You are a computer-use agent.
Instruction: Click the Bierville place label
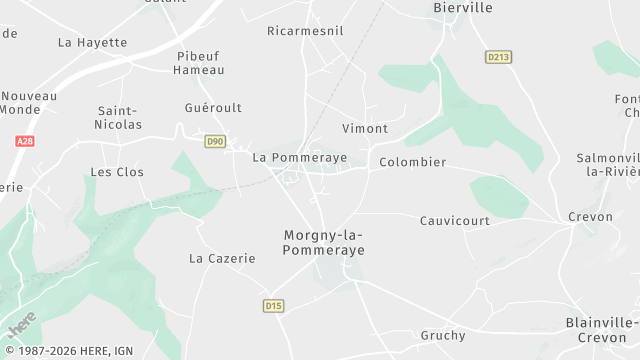click(463, 7)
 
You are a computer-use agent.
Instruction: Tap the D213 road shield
click(498, 57)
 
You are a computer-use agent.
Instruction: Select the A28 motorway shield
click(24, 142)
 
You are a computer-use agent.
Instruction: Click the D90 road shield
click(215, 142)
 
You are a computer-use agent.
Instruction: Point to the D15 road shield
click(273, 305)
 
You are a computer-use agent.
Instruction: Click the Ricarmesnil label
click(305, 31)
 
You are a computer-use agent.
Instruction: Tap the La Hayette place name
click(93, 42)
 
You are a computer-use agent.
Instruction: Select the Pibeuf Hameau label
click(198, 63)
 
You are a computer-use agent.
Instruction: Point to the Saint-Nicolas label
click(118, 118)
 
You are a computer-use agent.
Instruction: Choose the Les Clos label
click(117, 172)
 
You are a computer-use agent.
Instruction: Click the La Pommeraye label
click(286, 157)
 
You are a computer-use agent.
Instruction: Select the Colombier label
click(413, 162)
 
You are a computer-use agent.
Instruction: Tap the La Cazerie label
click(222, 258)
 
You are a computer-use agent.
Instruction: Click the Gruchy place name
click(444, 335)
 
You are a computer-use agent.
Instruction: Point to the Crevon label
click(590, 217)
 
